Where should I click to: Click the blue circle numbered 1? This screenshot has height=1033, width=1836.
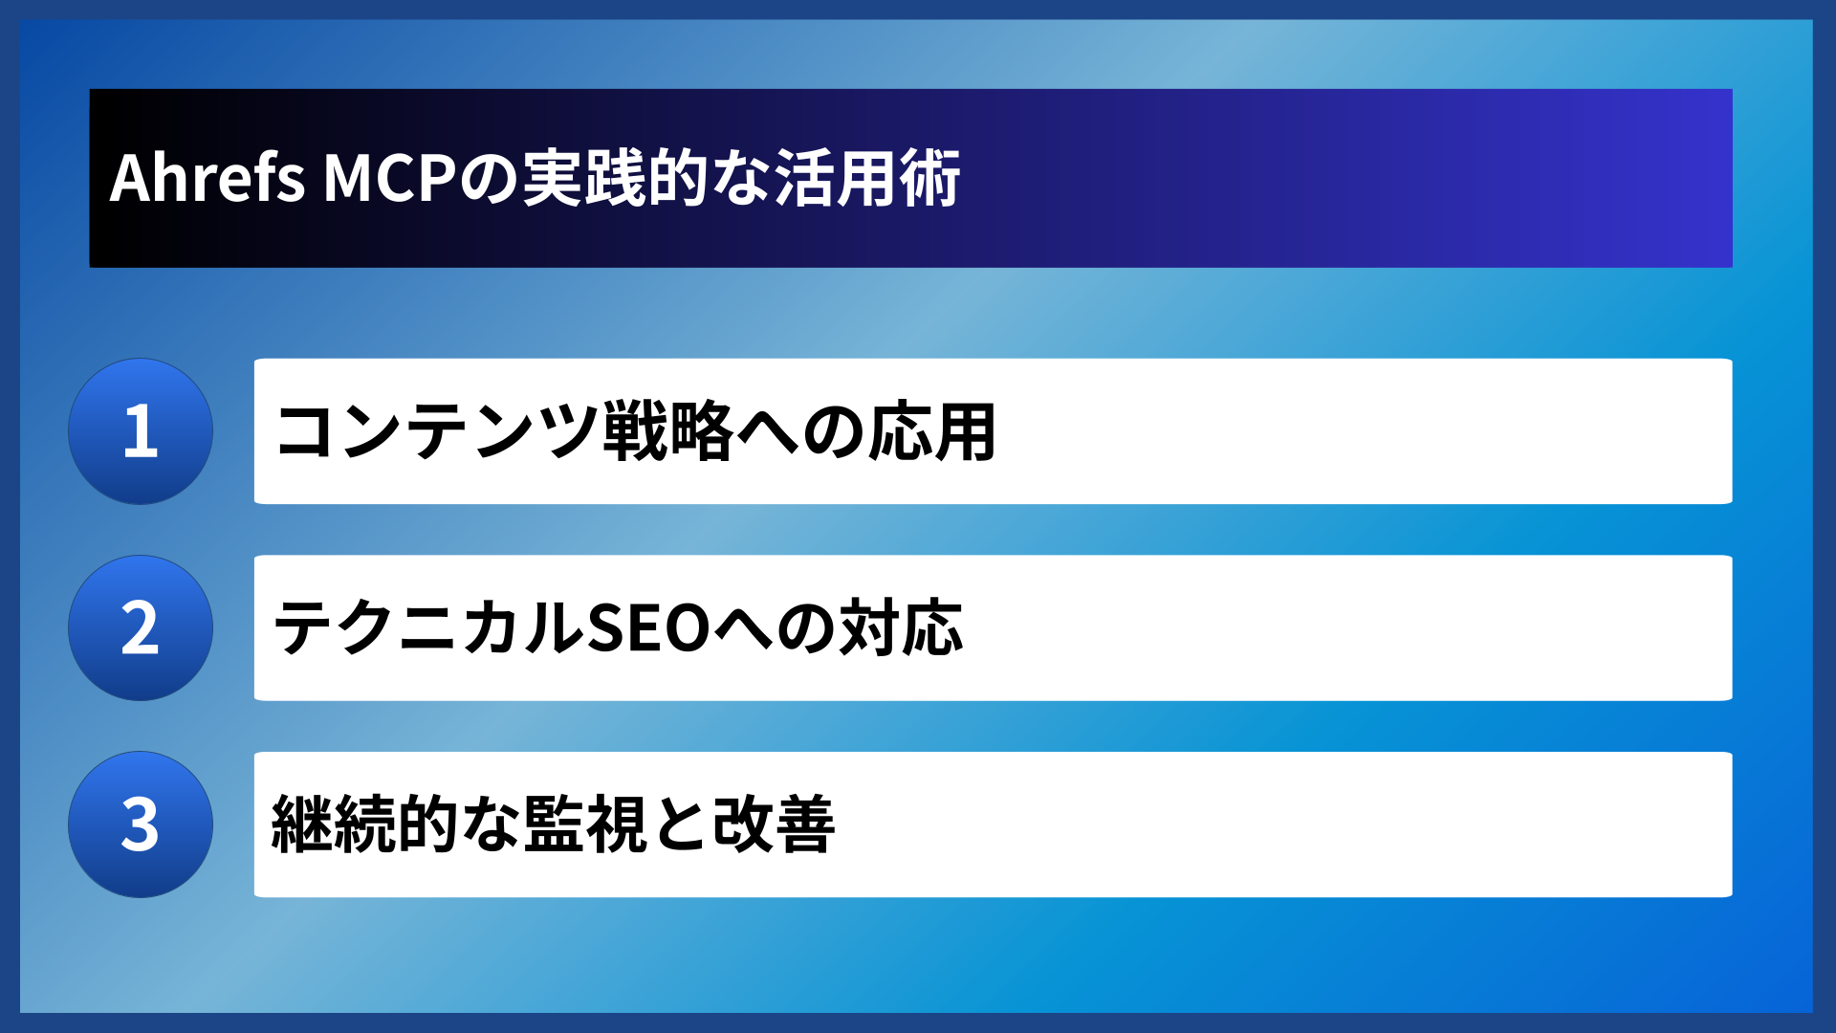coord(141,431)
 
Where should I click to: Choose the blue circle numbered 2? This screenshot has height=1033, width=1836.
coord(141,628)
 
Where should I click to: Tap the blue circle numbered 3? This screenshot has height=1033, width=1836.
coord(141,824)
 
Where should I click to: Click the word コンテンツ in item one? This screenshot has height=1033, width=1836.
coord(436,431)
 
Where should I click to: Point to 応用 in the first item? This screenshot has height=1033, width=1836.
coord(932,431)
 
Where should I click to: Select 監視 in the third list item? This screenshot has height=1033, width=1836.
coord(584,824)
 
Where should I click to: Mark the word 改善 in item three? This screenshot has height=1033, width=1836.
coord(774,824)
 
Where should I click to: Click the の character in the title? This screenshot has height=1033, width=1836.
coord(490,178)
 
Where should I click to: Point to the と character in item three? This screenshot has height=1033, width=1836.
coord(680,824)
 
